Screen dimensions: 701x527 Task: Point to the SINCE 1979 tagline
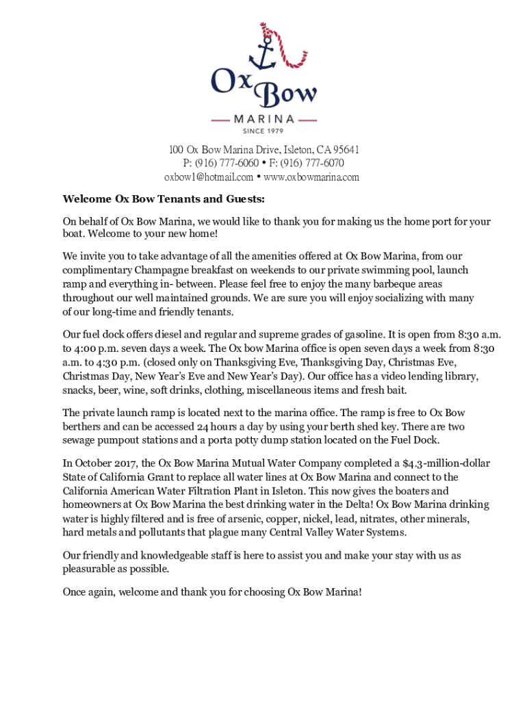(x=263, y=130)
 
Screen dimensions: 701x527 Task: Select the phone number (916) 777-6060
(x=227, y=163)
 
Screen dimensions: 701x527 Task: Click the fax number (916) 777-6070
(x=312, y=163)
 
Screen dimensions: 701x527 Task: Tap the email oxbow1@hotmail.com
(x=208, y=177)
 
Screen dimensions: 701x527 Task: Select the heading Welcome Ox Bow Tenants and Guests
(x=164, y=199)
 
